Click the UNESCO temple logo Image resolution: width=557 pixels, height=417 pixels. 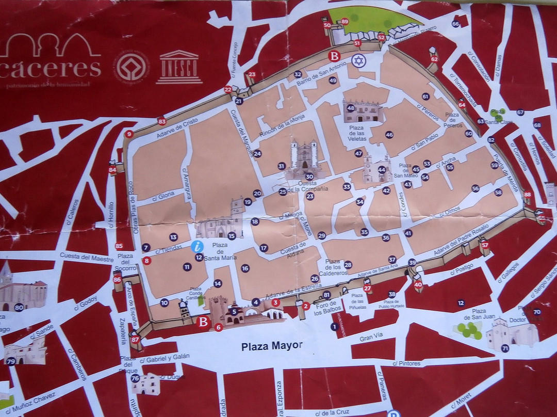[x=179, y=67]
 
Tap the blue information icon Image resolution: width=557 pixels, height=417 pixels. [x=197, y=246]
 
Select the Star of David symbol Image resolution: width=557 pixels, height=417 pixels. [x=358, y=61]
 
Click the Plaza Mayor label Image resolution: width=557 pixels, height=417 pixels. [x=272, y=346]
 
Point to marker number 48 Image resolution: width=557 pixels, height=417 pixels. [x=351, y=108]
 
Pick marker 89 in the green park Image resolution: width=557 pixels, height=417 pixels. [x=345, y=21]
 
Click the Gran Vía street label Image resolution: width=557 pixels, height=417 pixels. [x=371, y=338]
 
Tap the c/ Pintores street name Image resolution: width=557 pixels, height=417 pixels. [x=406, y=363]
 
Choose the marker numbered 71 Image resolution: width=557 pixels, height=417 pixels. [x=505, y=348]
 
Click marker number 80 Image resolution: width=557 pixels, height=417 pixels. [x=19, y=308]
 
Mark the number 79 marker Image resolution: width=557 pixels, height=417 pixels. [x=11, y=361]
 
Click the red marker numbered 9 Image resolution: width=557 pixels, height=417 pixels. [x=129, y=134]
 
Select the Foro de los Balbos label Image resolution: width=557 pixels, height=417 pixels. [x=326, y=308]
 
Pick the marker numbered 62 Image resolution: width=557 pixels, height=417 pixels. [x=434, y=59]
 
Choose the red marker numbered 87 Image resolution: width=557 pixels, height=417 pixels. [x=135, y=339]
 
